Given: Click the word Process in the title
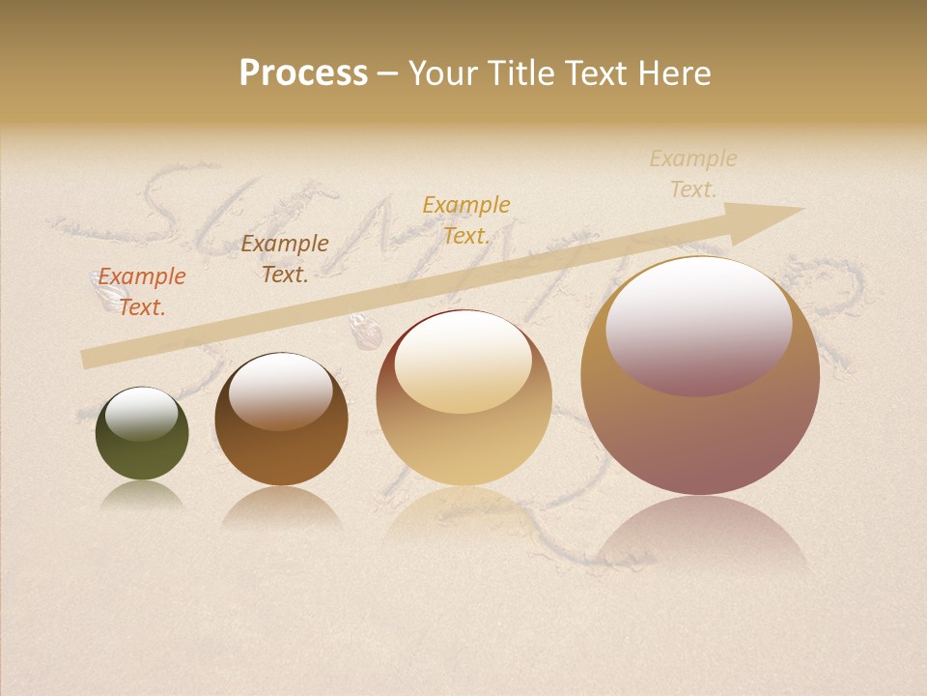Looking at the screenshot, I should (x=303, y=73).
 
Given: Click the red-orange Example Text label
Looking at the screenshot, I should (x=142, y=292).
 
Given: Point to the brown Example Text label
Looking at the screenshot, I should (x=284, y=259).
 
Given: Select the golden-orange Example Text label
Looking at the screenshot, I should (x=465, y=220).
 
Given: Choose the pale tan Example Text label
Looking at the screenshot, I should (x=692, y=174).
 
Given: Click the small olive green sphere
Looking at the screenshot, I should (x=142, y=454).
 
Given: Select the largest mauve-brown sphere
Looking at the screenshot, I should (x=700, y=435).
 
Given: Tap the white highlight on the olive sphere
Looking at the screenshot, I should (x=141, y=413).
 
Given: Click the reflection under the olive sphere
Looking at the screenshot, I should (x=142, y=495).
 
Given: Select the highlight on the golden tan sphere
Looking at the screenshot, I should (x=463, y=362).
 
